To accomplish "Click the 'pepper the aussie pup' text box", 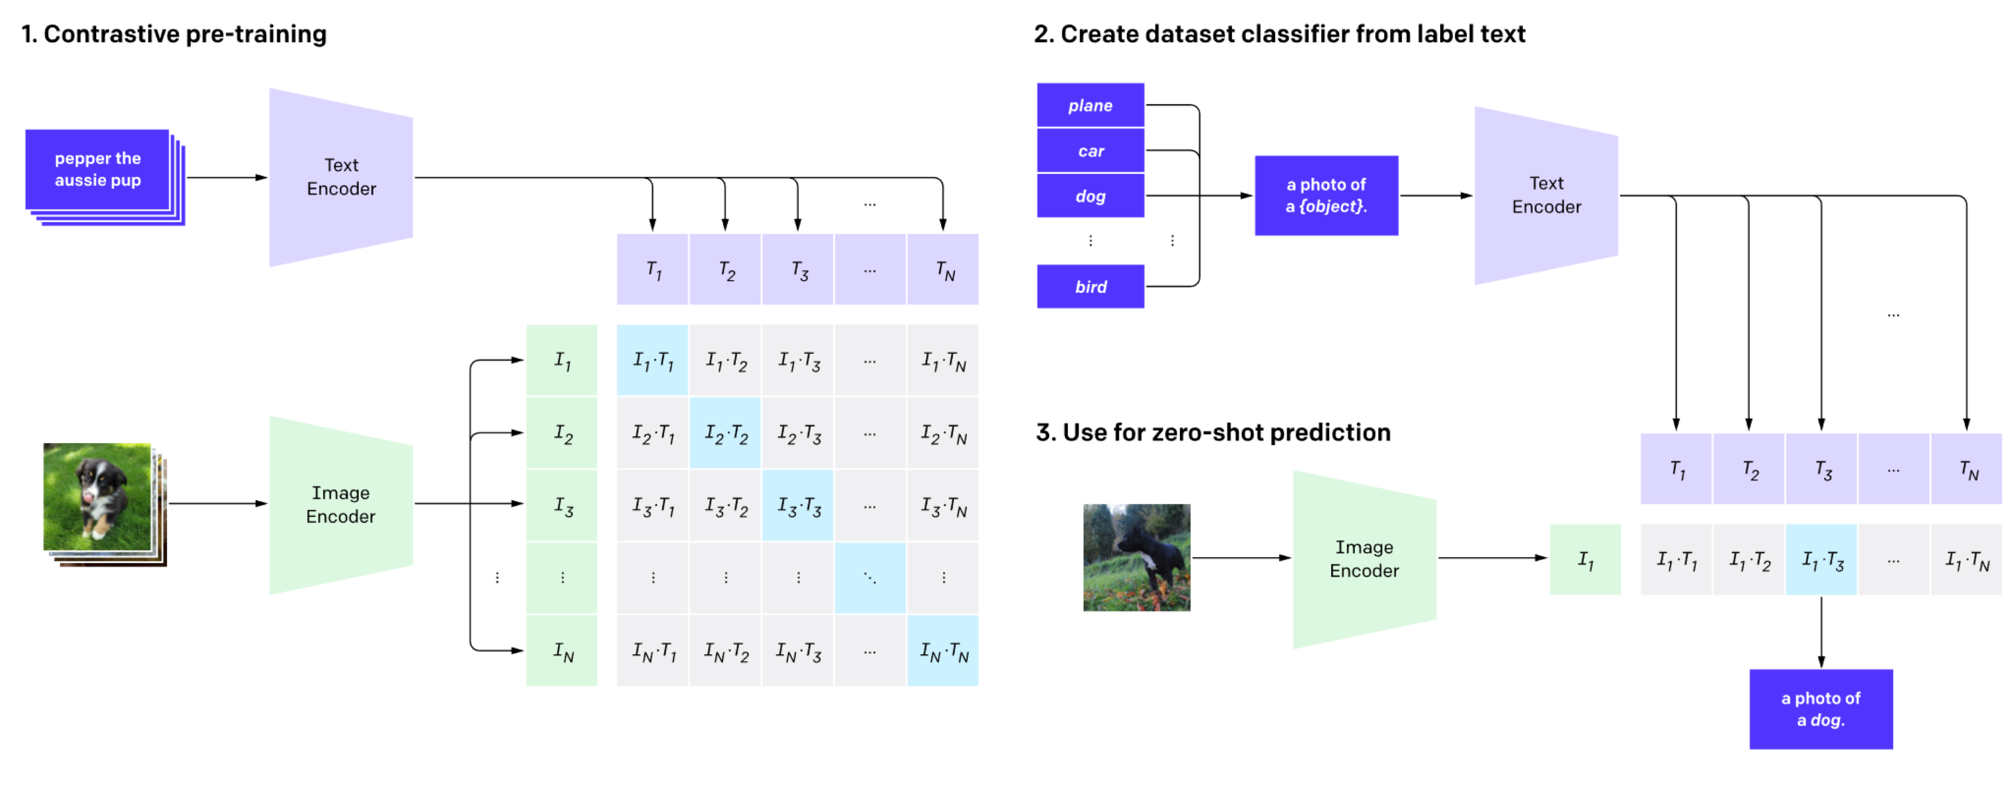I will click(x=97, y=170).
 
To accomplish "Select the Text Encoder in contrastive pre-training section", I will click(x=341, y=177).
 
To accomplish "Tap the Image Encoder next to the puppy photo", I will click(x=341, y=504).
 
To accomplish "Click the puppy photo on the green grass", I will click(x=97, y=497).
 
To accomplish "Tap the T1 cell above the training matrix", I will click(x=653, y=269).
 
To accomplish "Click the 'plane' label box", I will click(x=1090, y=105).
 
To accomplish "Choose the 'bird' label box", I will click(x=1090, y=287).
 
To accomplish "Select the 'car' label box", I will click(x=1090, y=151).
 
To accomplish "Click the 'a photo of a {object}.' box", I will click(x=1325, y=195).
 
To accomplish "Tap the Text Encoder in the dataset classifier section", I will click(x=1546, y=195).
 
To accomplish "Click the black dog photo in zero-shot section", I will click(x=1136, y=557).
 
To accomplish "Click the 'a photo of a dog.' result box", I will click(x=1820, y=708).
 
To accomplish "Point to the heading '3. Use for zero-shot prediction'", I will click(x=1212, y=432).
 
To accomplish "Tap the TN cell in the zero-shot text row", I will click(x=1966, y=469).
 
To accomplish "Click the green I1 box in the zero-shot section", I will click(x=1585, y=560).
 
